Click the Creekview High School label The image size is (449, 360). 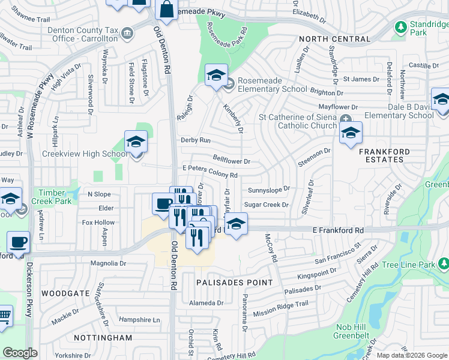tap(84, 154)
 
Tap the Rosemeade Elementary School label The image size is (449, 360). tap(272, 85)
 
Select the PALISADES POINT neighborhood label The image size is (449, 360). tap(235, 282)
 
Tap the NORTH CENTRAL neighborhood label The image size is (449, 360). tap(335, 39)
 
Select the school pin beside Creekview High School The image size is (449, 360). tap(136, 143)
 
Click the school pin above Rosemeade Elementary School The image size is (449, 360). tap(216, 76)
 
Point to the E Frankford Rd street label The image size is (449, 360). tap(338, 230)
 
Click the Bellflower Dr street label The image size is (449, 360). tap(231, 161)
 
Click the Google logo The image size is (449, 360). tap(20, 352)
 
